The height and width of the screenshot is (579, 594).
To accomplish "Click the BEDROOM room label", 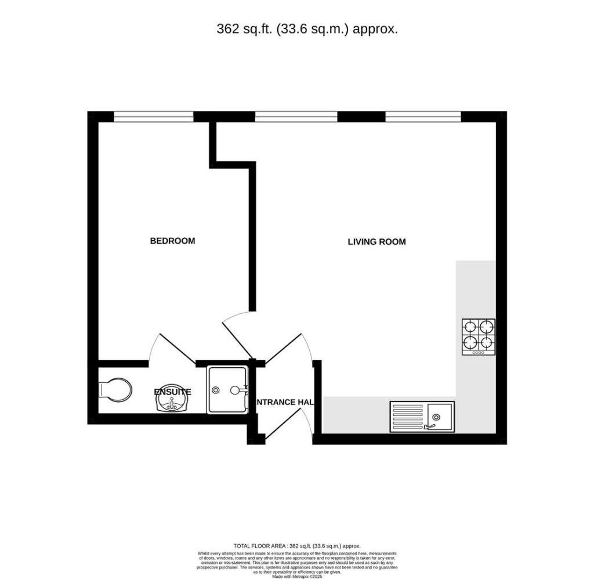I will (172, 241).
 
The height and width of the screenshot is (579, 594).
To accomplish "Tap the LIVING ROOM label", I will (376, 242).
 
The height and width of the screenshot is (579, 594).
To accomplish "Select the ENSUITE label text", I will (172, 392).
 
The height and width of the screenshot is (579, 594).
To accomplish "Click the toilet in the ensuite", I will (115, 389).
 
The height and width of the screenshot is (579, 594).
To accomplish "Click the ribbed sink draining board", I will (409, 416).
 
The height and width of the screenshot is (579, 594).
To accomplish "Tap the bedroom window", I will (153, 117).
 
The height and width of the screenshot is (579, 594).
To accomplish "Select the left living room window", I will (296, 117).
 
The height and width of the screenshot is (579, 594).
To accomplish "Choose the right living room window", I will (423, 117).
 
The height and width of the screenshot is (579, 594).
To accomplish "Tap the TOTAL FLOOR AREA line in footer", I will (296, 546).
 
